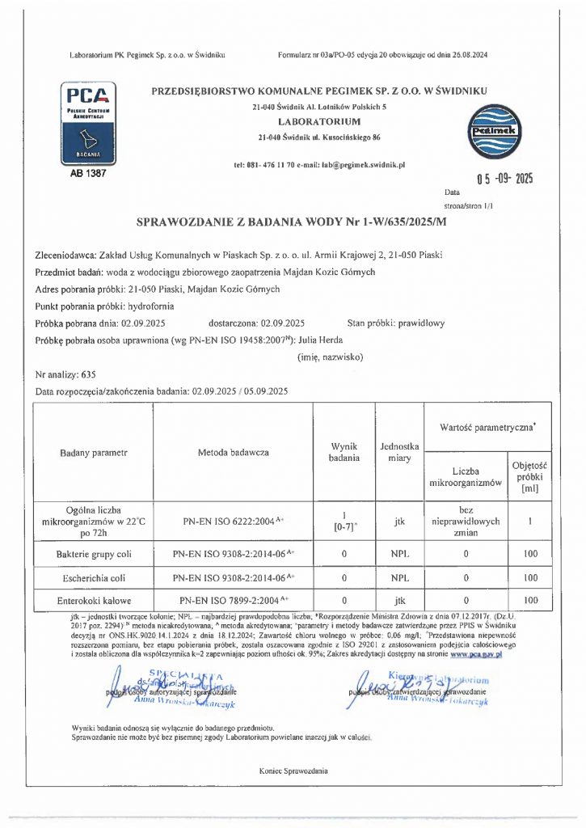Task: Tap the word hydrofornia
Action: click(153, 307)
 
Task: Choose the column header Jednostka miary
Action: click(399, 452)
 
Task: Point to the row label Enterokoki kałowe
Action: click(94, 601)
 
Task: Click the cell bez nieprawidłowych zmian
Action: click(465, 522)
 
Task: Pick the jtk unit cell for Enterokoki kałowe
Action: click(399, 601)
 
